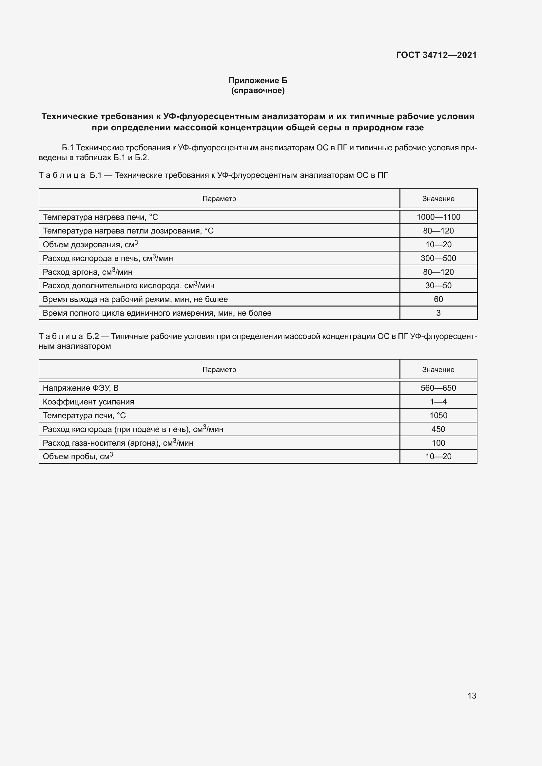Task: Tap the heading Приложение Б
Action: coord(258,81)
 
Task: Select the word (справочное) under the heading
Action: coord(258,90)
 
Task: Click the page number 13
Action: coord(472,696)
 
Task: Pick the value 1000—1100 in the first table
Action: coord(438,217)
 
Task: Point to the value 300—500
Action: coord(438,258)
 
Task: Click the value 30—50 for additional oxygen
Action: coord(438,286)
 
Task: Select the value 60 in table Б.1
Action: coord(438,299)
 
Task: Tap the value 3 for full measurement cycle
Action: coord(438,313)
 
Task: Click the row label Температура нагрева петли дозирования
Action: coord(128,231)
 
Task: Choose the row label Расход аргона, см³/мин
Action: coord(87,272)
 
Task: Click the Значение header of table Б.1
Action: coord(438,199)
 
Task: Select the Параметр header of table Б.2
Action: coord(219,370)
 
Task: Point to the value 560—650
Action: coord(438,388)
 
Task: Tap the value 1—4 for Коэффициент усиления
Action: coord(438,402)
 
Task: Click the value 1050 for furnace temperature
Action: coord(438,415)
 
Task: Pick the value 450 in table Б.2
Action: coord(438,429)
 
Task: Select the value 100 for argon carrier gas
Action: coord(438,443)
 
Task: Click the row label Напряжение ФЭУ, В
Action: coord(80,388)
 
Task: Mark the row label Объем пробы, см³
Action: coord(78,457)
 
